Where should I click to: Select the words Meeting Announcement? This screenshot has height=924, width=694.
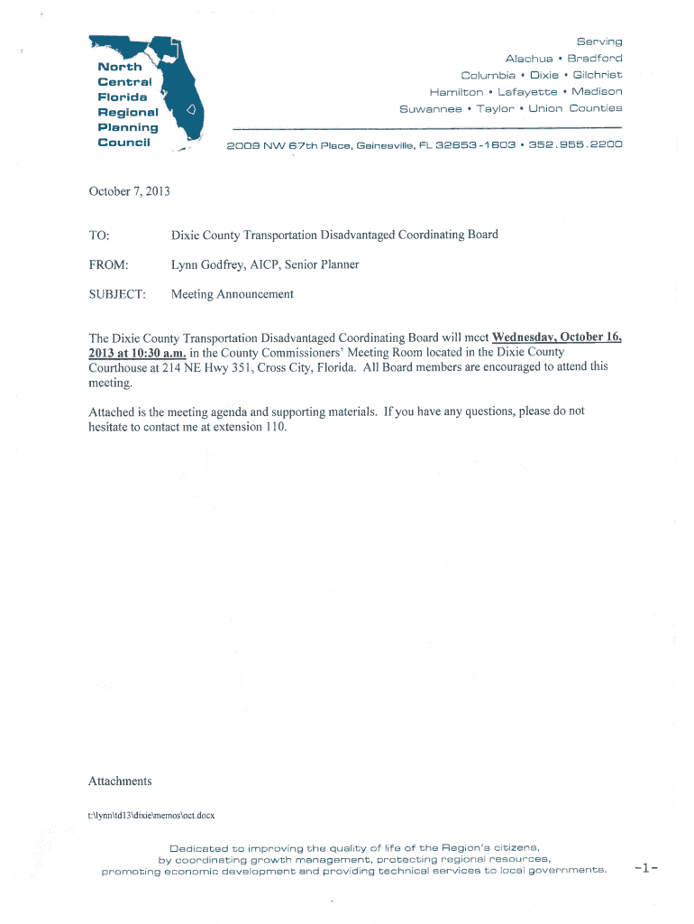pyautogui.click(x=233, y=294)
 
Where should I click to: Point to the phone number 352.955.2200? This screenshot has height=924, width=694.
pyautogui.click(x=575, y=145)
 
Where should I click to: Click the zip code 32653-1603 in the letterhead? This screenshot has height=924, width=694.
pyautogui.click(x=472, y=145)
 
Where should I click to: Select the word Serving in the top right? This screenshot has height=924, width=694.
pyautogui.click(x=599, y=42)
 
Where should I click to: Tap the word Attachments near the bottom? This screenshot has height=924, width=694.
pyautogui.click(x=120, y=781)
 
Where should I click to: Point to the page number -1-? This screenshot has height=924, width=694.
pyautogui.click(x=647, y=870)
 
